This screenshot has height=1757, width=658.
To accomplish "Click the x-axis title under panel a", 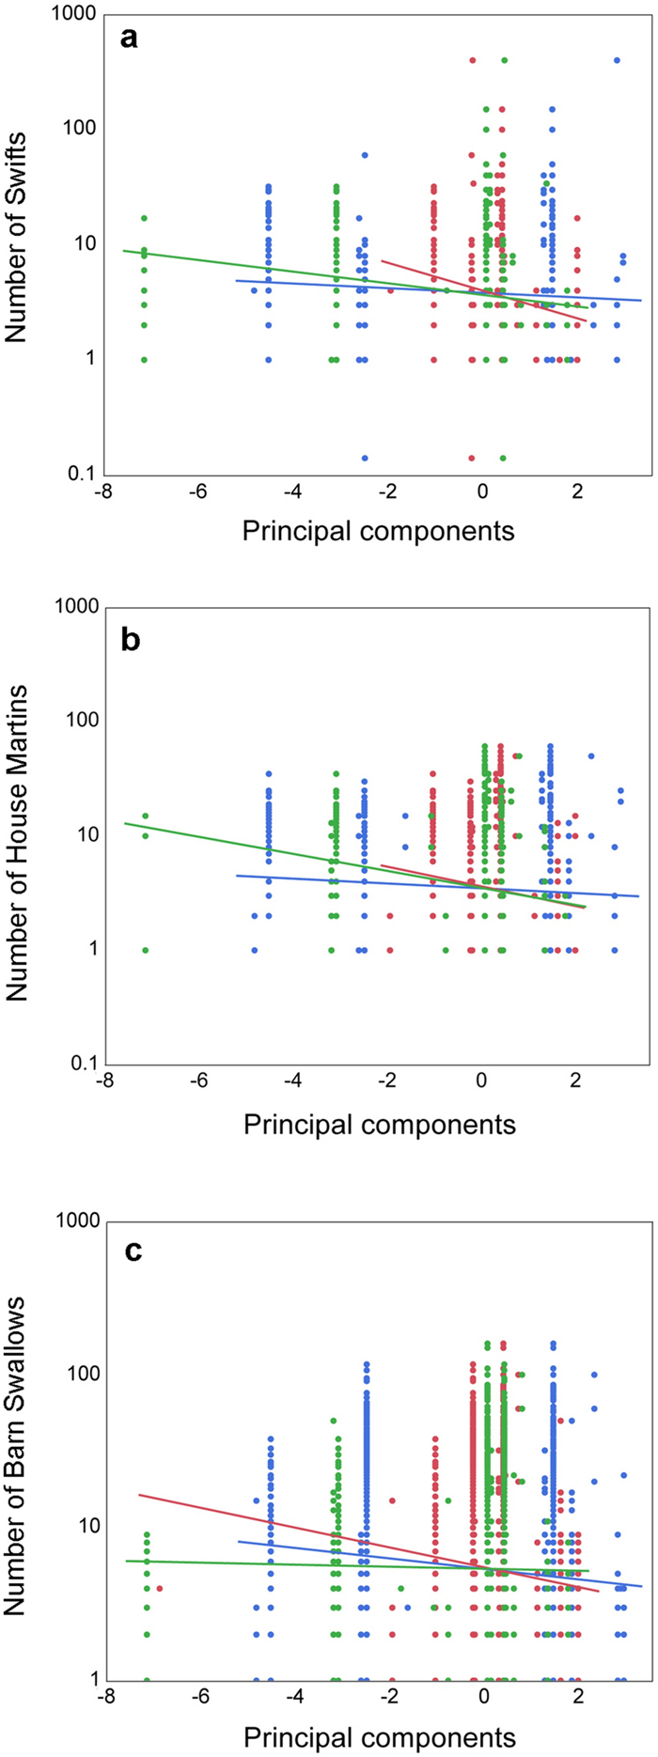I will coord(379,531).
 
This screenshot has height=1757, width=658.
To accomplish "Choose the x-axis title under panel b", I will coord(380,1125).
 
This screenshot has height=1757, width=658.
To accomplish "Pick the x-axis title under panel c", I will coord(380,1737).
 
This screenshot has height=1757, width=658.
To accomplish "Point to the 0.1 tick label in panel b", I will coord(79,1065).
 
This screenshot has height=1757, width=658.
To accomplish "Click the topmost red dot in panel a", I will coord(472,60).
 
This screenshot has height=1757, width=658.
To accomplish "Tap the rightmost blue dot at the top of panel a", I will coord(617,60).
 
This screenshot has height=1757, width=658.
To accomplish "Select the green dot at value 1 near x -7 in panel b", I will coord(146,950).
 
